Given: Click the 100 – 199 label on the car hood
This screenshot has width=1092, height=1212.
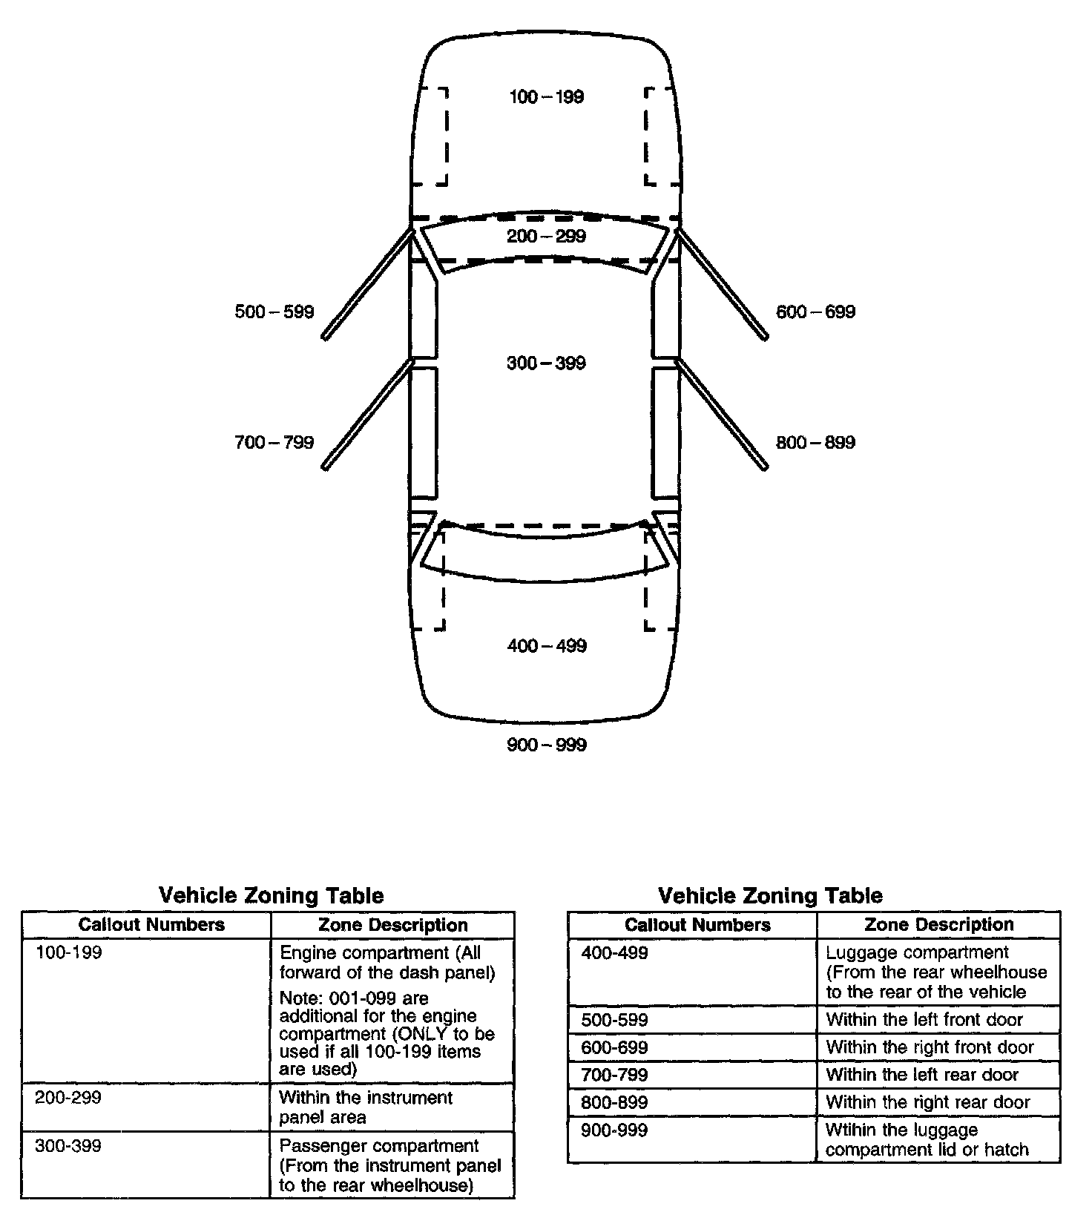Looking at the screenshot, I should [x=546, y=97].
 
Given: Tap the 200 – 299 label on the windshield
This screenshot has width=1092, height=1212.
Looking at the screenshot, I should [x=546, y=237].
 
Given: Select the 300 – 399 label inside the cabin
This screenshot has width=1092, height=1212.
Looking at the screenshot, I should [x=546, y=363].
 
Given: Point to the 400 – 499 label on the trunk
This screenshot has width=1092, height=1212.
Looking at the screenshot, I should [x=547, y=646].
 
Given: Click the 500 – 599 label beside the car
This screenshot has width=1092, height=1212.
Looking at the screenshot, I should [x=274, y=312].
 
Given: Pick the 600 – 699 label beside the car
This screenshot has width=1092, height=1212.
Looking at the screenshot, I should [x=815, y=312].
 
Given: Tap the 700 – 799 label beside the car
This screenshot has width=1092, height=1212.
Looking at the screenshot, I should [x=274, y=443].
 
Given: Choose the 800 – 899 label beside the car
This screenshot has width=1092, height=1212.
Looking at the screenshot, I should [x=815, y=443].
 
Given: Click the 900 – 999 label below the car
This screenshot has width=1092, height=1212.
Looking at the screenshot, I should [x=547, y=745].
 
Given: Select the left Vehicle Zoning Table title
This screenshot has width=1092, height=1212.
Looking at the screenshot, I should [x=272, y=895].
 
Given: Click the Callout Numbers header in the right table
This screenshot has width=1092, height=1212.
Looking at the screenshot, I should [x=697, y=925].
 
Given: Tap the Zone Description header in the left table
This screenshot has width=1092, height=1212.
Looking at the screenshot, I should [x=393, y=925].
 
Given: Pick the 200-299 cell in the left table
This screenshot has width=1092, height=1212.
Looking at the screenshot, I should [x=68, y=1098].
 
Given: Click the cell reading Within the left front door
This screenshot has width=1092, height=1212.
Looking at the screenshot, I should [x=924, y=1020].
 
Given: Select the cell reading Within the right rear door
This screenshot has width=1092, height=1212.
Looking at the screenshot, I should [x=928, y=1102].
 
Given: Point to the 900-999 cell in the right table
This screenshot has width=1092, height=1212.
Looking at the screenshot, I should [x=614, y=1130].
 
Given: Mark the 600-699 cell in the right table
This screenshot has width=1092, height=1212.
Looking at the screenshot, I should [x=614, y=1047].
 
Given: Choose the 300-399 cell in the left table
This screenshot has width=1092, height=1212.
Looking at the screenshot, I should [x=68, y=1146].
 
